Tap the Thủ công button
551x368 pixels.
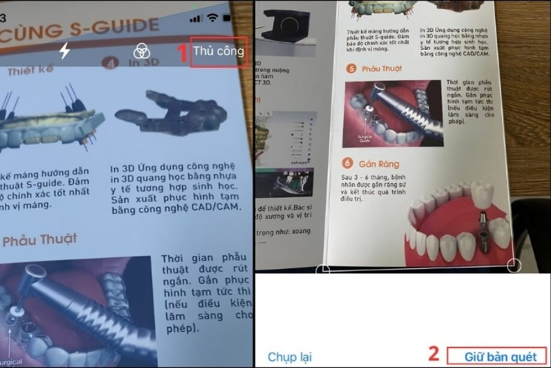coord(219,51)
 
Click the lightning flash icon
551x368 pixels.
coord(64,51)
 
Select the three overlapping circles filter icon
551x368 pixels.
coord(142,51)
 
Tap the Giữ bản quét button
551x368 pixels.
coord(501,357)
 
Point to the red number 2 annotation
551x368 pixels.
coord(433,354)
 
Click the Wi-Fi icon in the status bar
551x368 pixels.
coord(212,19)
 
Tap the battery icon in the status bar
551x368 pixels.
coord(234,19)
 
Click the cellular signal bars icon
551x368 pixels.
coord(196,19)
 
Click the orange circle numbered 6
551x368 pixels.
coord(347,163)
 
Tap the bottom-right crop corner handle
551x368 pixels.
coord(514,265)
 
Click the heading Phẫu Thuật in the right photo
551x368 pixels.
coord(382,69)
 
